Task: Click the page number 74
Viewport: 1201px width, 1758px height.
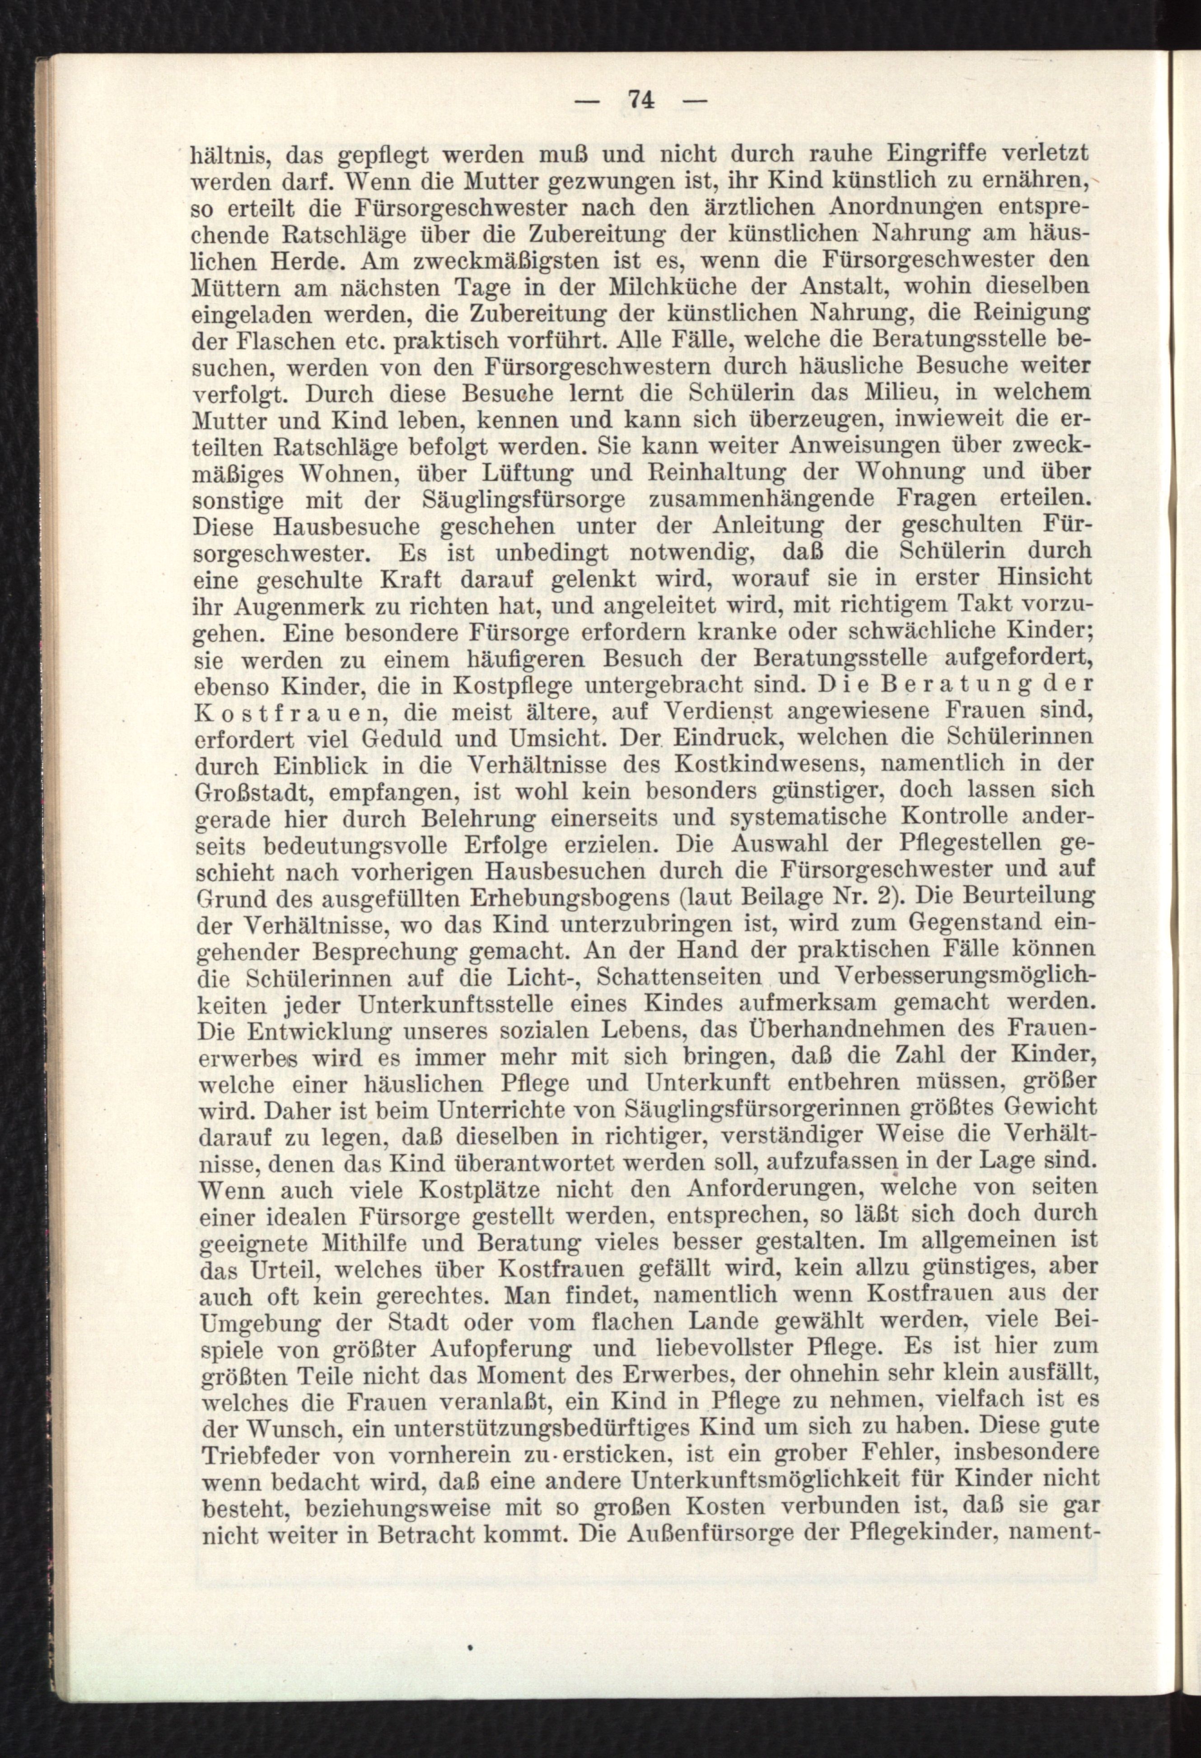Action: click(640, 102)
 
